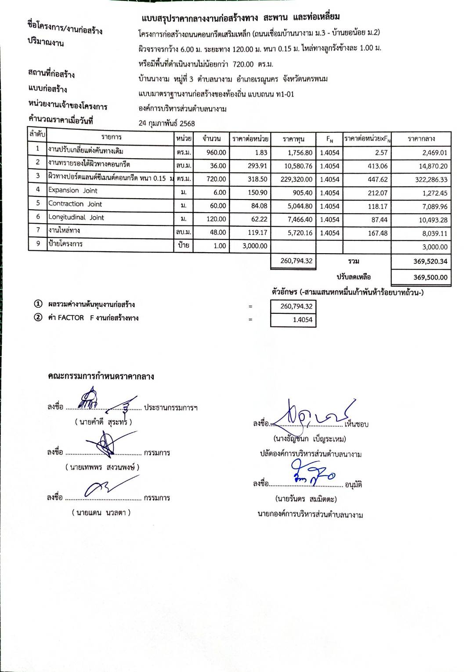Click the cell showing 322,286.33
431,180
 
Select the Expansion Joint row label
73,190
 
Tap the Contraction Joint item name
75,204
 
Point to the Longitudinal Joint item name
76,217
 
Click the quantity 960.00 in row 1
216,153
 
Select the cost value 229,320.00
296,179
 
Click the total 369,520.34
430,261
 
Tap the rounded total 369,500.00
430,277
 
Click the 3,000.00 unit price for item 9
255,246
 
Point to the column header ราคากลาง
421,139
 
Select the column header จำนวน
211,139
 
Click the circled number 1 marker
38,304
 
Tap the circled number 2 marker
38,317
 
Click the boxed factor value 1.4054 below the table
302,320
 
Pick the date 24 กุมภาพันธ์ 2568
166,124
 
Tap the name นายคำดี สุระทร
103,422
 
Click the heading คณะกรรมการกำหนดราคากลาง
101,377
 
